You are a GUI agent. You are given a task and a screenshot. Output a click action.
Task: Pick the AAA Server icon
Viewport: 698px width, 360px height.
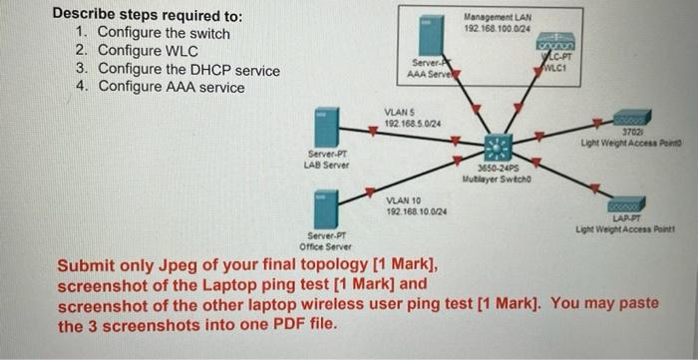(430, 34)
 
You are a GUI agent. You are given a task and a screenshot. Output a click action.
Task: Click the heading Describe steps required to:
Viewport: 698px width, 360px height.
(147, 16)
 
